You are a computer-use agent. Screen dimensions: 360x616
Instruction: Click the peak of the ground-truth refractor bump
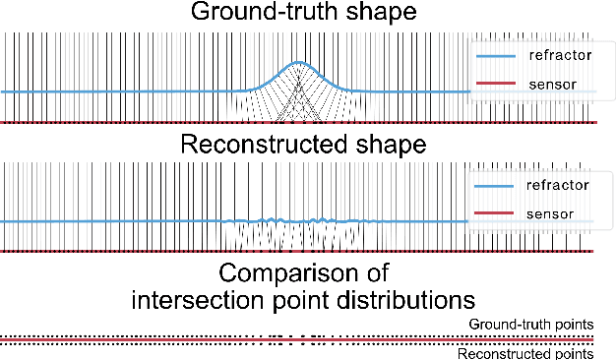(300, 63)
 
